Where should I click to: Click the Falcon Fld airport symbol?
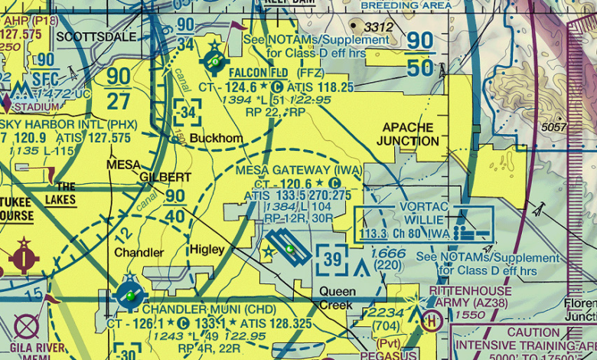[214, 60]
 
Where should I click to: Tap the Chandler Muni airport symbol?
[130, 295]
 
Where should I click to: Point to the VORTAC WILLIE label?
[427, 214]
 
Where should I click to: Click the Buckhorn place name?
[216, 139]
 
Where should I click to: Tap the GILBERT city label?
[165, 177]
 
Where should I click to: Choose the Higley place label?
[207, 250]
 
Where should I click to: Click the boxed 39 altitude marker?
[333, 260]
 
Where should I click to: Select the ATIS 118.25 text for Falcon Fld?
[320, 87]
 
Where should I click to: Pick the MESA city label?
[123, 164]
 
